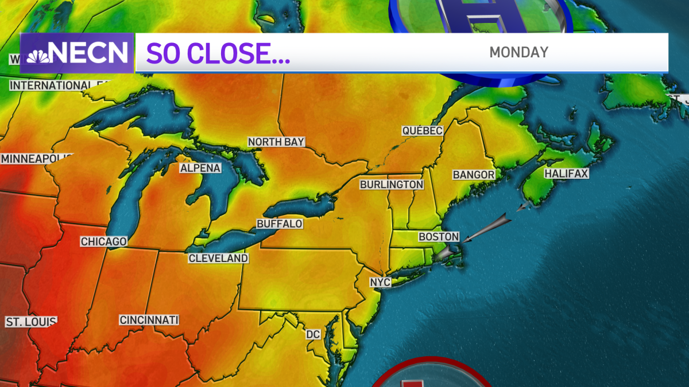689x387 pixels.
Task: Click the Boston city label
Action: coord(439,237)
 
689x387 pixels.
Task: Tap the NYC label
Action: coord(380,283)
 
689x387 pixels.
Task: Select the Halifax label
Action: coord(567,173)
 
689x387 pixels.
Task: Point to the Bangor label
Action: coord(474,174)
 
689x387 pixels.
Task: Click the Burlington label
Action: coord(392,185)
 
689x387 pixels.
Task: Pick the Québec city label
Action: coord(422,131)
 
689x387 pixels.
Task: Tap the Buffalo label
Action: coord(279,224)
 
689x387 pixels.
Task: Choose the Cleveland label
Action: coord(219,258)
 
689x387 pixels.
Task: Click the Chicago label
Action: coord(103,241)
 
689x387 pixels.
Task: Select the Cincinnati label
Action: coord(149,320)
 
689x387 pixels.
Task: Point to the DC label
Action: coord(313,334)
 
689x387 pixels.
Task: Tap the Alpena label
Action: coord(200,168)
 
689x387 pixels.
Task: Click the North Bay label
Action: coord(276,142)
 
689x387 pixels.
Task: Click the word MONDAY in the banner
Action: coord(518,52)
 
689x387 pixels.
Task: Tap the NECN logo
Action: coord(78,53)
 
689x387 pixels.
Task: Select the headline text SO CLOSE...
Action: coord(218,53)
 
